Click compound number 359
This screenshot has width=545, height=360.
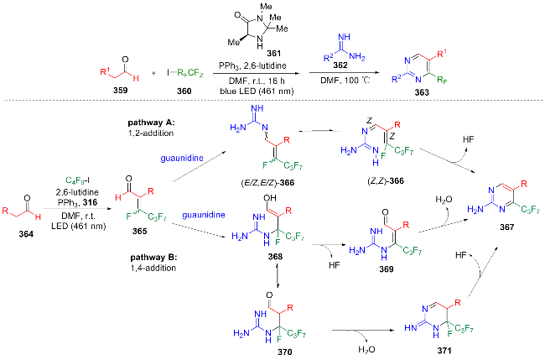(120, 91)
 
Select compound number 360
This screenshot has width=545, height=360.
(184, 91)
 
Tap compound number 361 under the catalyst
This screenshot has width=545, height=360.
(274, 54)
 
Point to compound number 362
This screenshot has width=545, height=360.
(340, 65)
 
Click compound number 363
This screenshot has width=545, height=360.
(422, 92)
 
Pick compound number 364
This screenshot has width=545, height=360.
(26, 234)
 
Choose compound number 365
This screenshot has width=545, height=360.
(139, 231)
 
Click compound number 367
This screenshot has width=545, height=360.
(506, 227)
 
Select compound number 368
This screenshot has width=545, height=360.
(275, 256)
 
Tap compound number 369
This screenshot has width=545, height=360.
(387, 269)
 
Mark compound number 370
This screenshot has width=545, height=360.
(285, 352)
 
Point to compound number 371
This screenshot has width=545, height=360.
(444, 351)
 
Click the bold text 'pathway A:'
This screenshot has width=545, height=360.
(150, 123)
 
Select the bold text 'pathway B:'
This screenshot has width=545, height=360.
(153, 258)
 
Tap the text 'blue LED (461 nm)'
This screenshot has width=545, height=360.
(257, 91)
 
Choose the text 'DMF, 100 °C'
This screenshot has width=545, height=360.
(345, 81)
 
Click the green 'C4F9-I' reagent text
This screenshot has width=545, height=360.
(77, 181)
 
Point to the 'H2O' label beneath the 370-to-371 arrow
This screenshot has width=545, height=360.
(366, 350)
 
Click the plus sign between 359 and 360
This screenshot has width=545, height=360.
(153, 73)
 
